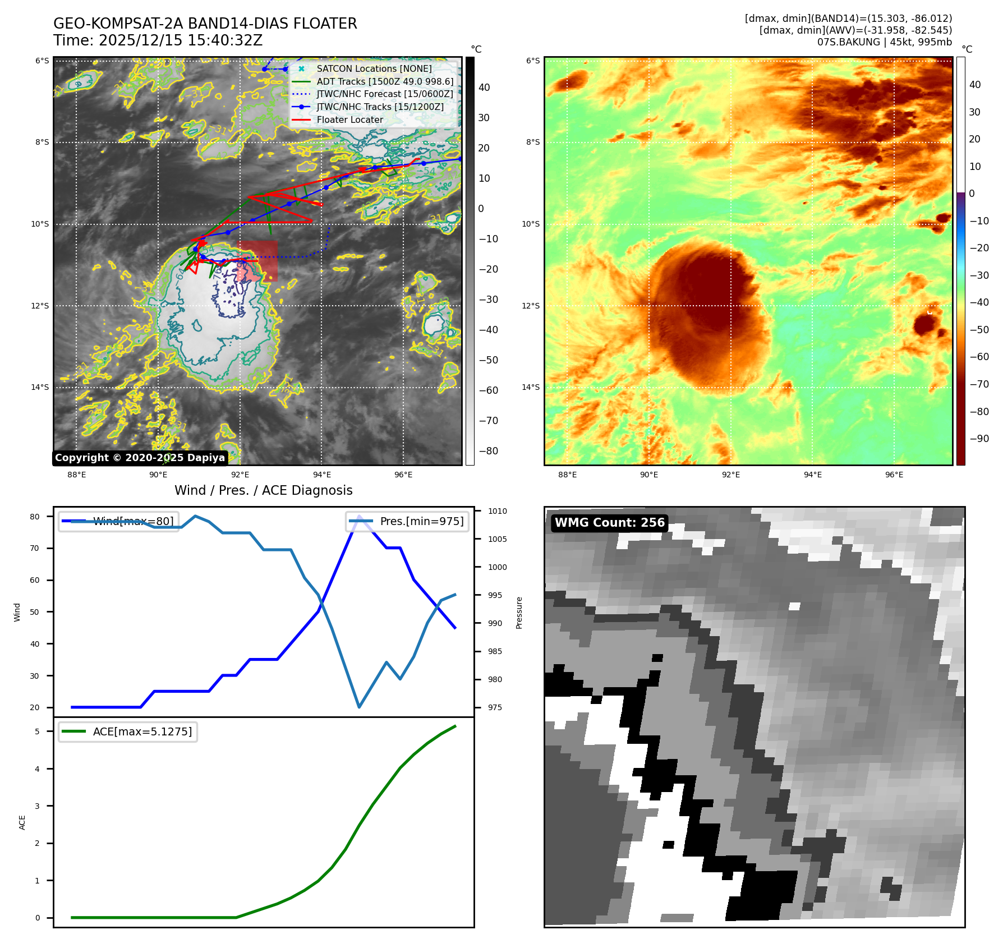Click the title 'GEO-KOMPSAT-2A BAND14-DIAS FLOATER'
(x=205, y=24)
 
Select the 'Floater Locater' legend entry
(x=349, y=119)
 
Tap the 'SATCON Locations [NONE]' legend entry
(x=374, y=68)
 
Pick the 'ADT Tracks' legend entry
(x=385, y=81)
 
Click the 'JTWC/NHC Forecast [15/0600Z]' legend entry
(x=384, y=94)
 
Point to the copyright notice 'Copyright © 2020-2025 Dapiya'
(x=140, y=458)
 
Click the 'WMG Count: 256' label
(x=609, y=523)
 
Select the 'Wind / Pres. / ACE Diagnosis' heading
(x=263, y=490)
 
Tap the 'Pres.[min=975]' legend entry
(x=421, y=521)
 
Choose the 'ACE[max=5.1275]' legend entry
(x=142, y=731)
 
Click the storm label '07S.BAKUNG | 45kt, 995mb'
(x=884, y=42)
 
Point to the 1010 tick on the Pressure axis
(x=497, y=511)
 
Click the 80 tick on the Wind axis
(x=35, y=517)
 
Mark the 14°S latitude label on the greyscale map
(x=40, y=387)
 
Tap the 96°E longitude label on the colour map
(x=894, y=475)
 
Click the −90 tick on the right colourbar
(x=979, y=439)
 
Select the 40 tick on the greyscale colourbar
(x=484, y=88)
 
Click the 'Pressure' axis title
(x=519, y=613)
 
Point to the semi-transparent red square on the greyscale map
(x=256, y=261)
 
